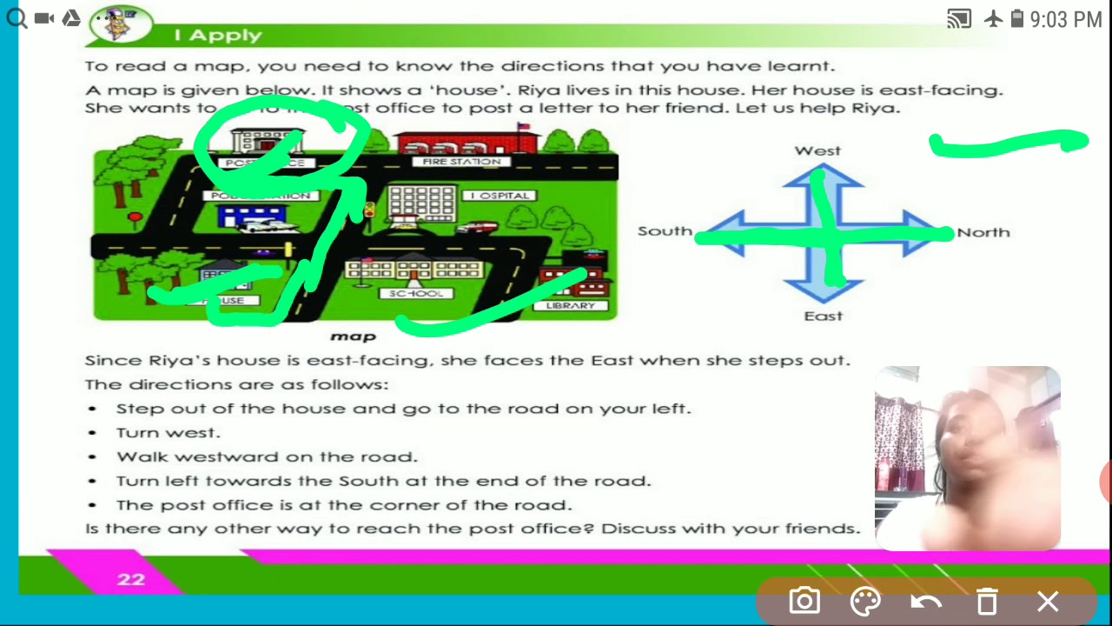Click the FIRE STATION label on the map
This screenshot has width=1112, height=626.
[461, 162]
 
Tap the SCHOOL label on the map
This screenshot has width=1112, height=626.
[416, 294]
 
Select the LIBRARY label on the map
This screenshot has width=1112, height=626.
[571, 306]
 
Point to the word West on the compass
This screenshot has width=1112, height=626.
[817, 150]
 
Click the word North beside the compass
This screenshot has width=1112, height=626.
[983, 232]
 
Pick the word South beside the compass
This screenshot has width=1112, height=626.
[665, 231]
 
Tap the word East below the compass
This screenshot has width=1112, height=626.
[823, 316]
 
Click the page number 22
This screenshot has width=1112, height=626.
[131, 579]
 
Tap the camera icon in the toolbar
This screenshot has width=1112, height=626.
[804, 601]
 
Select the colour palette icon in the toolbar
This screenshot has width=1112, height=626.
[865, 601]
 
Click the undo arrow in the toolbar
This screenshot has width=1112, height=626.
[926, 601]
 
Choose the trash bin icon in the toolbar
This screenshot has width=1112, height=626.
[987, 601]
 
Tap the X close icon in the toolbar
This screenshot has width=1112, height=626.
[1048, 601]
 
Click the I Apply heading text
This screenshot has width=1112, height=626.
[217, 36]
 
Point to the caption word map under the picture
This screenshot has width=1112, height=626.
[354, 336]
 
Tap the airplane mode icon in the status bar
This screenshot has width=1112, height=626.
[993, 18]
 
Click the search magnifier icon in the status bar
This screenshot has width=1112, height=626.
[16, 17]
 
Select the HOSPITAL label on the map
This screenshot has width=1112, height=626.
[500, 196]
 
